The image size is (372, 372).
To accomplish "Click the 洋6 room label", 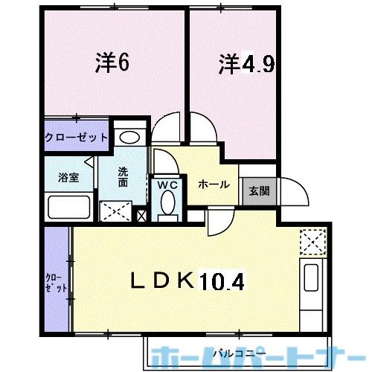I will coord(112,62).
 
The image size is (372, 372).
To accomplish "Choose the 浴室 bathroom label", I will coord(68,177).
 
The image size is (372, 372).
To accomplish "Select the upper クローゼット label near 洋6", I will coord(77,138).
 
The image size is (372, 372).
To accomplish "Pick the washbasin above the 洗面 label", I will coord(130,137).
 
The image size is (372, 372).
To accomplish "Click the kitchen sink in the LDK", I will coord(310,283).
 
